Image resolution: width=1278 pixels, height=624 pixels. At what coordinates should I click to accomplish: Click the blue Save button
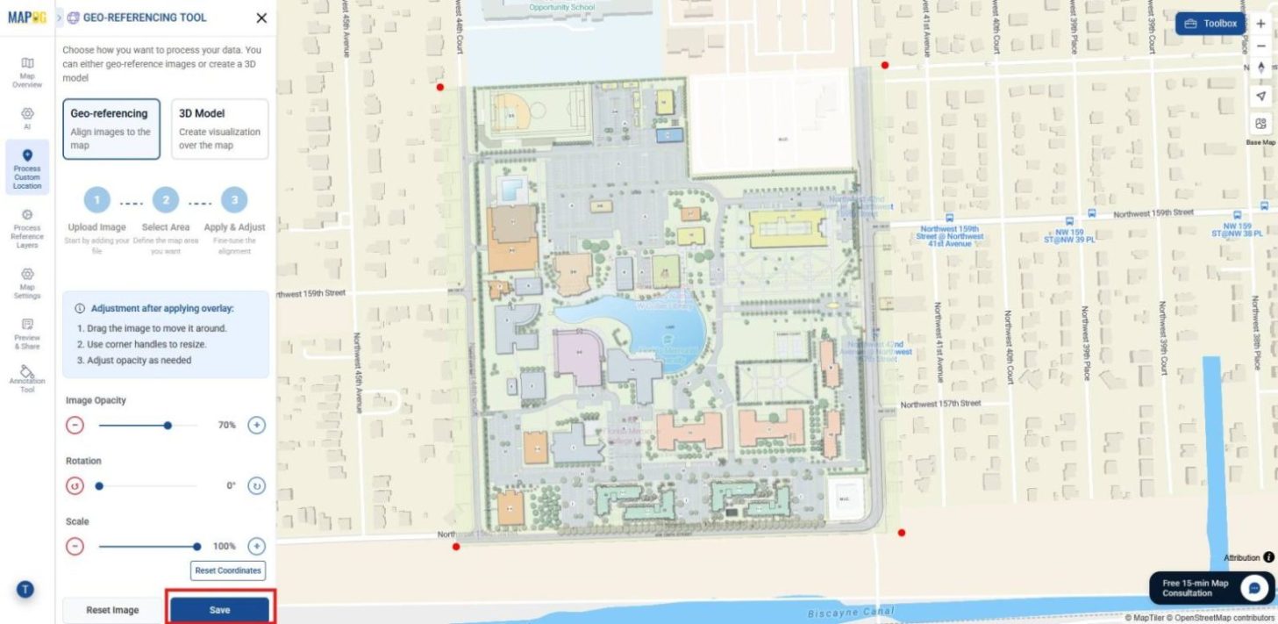(x=219, y=610)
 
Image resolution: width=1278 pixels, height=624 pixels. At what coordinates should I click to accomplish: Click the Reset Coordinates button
(x=228, y=570)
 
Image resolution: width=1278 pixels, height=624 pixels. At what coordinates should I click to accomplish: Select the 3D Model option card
(x=219, y=129)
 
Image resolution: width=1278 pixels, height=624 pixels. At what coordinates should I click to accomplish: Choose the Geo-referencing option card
(x=111, y=129)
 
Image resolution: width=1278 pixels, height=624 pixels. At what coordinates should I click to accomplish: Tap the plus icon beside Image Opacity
(x=256, y=425)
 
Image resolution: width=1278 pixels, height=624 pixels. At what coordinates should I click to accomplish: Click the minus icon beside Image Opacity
(x=75, y=425)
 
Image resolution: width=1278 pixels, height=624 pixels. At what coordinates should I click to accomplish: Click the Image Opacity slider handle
(x=168, y=425)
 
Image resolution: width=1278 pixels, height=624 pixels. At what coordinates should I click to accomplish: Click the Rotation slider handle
(x=99, y=485)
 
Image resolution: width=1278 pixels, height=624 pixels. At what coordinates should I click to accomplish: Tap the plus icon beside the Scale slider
(x=256, y=546)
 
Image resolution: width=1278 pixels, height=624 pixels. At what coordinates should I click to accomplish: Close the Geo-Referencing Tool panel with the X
(x=261, y=18)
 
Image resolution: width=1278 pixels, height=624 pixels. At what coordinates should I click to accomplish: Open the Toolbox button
(x=1210, y=24)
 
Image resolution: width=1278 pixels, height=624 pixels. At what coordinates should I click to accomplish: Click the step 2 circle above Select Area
(x=166, y=201)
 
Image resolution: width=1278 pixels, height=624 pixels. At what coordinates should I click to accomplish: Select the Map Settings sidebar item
(x=27, y=283)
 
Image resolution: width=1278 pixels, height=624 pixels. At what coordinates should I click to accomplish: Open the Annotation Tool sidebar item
(x=27, y=378)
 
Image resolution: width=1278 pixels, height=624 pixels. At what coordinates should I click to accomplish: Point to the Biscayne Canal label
(x=850, y=612)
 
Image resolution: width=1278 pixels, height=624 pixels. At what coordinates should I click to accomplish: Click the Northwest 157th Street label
(x=941, y=404)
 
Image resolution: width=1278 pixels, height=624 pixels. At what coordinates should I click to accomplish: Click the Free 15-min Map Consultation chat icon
(x=1254, y=587)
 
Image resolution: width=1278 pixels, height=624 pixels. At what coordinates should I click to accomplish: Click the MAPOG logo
(x=26, y=18)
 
